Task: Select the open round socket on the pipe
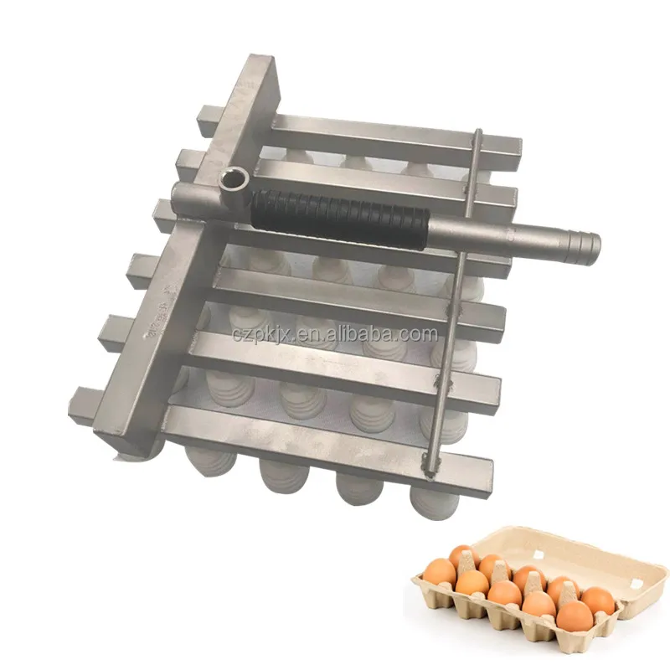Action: click(234, 180)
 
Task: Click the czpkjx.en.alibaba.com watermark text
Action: click(336, 334)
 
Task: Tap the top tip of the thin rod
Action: click(478, 131)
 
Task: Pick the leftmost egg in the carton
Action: click(441, 572)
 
